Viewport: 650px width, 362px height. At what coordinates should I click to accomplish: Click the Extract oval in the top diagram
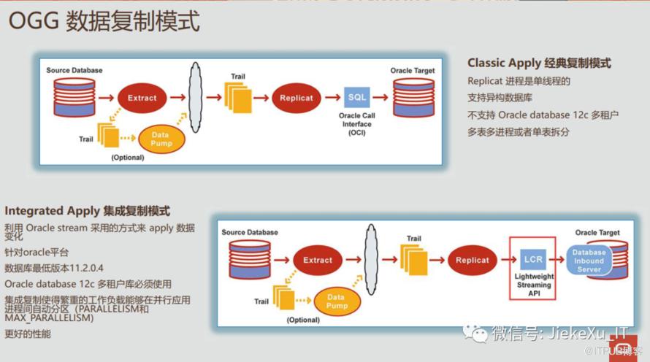point(142,98)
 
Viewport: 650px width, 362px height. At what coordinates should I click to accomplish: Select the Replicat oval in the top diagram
point(297,98)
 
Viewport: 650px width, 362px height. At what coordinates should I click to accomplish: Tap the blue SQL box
point(357,98)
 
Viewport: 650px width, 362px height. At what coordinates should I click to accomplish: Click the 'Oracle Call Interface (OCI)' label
point(357,124)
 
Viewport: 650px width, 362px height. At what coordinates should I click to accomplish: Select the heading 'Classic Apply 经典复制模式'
point(539,63)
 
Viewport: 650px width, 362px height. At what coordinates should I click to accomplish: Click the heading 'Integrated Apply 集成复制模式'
point(87,211)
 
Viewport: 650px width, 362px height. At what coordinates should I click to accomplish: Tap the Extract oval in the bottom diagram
point(318,260)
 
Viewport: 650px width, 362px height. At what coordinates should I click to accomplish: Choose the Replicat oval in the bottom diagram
point(472,260)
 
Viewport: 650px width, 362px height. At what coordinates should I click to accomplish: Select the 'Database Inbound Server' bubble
point(589,261)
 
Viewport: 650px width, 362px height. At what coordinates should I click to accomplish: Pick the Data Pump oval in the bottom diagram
point(336,301)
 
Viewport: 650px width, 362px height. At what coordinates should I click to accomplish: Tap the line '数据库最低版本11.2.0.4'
point(54,268)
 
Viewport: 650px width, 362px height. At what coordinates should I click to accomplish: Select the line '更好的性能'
point(28,334)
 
